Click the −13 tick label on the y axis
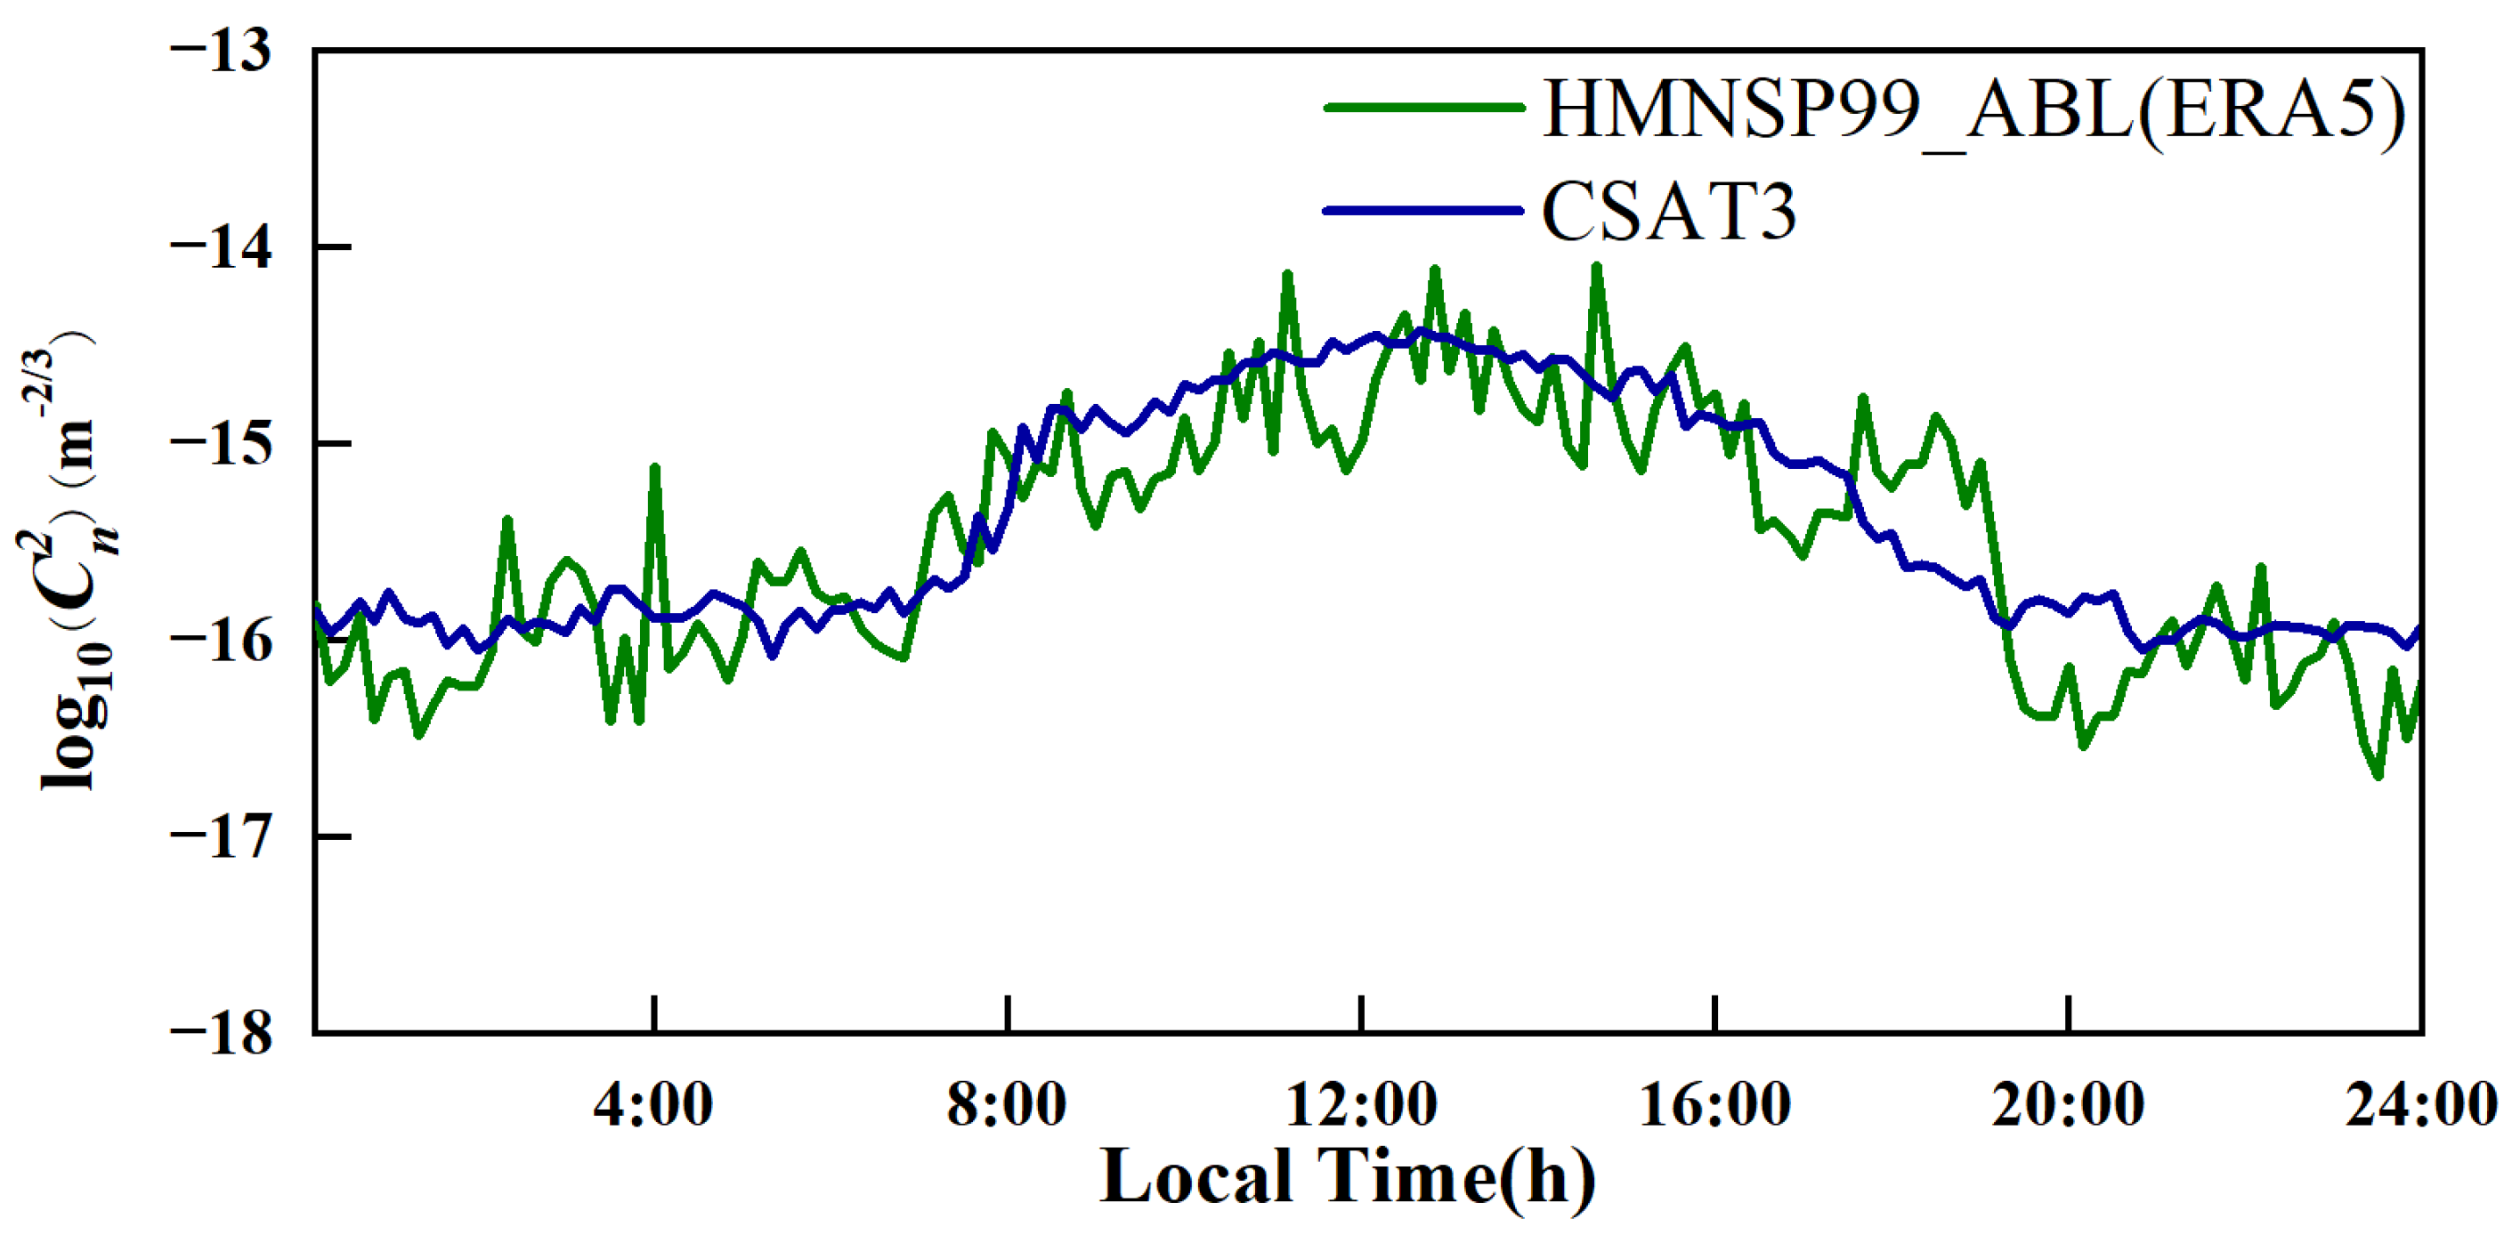point(223,51)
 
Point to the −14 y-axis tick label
point(223,247)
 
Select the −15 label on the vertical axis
point(223,444)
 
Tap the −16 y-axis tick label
point(223,641)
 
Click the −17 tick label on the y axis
point(223,837)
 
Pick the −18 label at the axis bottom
point(223,1033)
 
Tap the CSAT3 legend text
point(1668,212)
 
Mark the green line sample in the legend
point(1423,108)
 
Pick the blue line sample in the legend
point(1423,210)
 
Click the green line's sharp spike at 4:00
point(654,467)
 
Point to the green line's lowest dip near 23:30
point(2378,776)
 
